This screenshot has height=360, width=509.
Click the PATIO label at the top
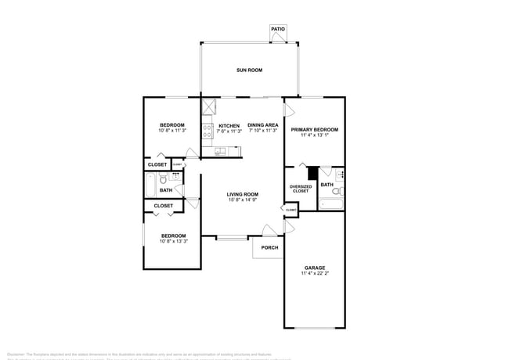(278, 30)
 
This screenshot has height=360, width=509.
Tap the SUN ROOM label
(249, 70)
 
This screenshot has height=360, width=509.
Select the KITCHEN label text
(229, 126)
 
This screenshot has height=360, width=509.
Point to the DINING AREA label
(263, 125)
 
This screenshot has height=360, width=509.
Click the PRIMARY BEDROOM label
(314, 129)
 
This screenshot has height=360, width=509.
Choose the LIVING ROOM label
(243, 194)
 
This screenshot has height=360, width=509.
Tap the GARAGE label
(315, 268)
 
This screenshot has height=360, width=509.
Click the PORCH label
(269, 248)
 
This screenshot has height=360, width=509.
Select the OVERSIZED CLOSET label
(301, 189)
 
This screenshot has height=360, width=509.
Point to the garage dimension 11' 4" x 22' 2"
(315, 274)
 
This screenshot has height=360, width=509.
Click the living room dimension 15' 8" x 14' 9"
(243, 200)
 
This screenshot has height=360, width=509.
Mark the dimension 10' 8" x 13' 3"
(174, 241)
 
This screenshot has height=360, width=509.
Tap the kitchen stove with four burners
(208, 131)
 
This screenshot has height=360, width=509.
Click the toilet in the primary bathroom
(337, 190)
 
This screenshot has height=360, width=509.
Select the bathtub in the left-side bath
(151, 186)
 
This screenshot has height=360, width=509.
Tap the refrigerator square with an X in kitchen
(208, 108)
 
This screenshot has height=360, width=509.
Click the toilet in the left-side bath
(163, 179)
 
